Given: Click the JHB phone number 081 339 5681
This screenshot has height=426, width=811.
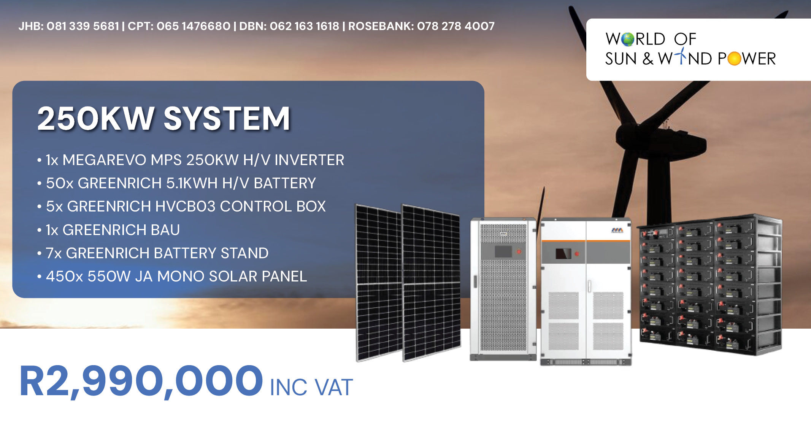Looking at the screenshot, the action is pyautogui.click(x=83, y=26).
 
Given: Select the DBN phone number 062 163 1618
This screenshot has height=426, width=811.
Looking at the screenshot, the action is pyautogui.click(x=304, y=26).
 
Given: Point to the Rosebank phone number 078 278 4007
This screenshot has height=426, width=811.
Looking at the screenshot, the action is pyautogui.click(x=456, y=26).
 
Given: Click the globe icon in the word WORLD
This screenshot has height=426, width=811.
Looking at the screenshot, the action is pyautogui.click(x=628, y=39).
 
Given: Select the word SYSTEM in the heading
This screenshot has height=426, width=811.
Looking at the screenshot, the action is pyautogui.click(x=227, y=119).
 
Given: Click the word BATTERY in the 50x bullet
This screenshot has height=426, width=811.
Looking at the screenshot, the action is pyautogui.click(x=285, y=183).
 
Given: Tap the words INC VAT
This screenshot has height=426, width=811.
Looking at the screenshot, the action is pyautogui.click(x=311, y=388).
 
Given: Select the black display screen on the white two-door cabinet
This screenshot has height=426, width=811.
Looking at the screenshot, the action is pyautogui.click(x=563, y=254).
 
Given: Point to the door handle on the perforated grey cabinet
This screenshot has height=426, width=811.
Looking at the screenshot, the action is pyautogui.click(x=475, y=281).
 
